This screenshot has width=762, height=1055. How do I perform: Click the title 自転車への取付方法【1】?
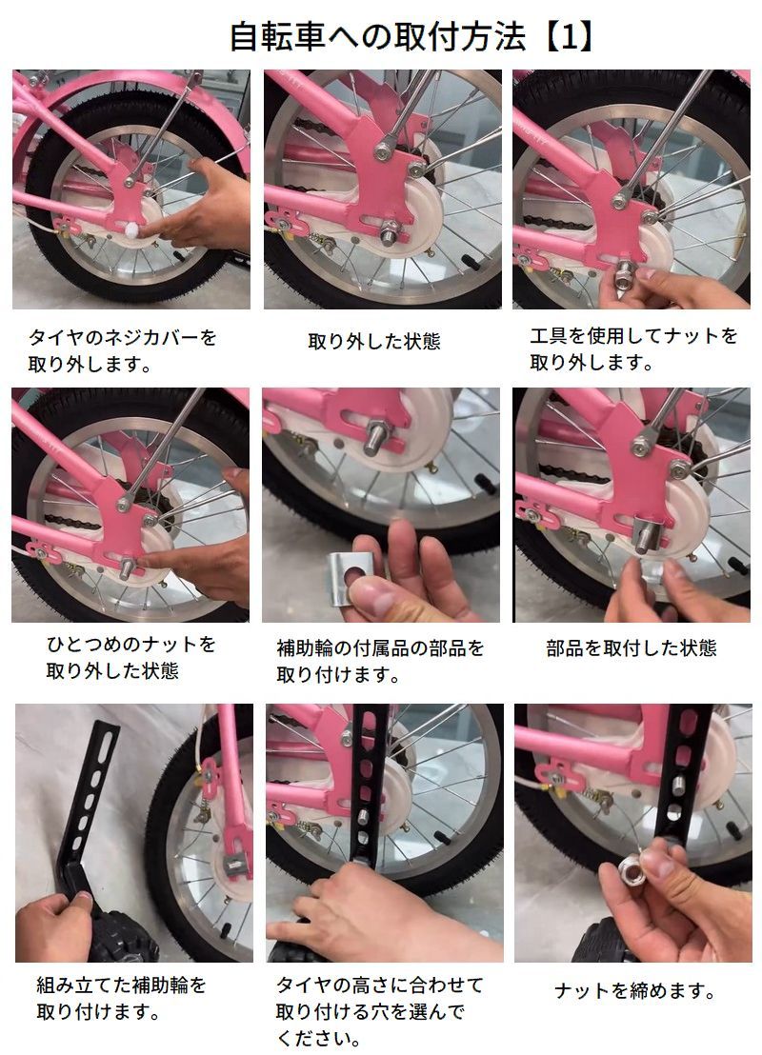[x=411, y=36]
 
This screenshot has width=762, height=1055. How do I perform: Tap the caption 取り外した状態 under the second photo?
[x=373, y=341]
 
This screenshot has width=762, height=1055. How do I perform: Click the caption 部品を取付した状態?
[x=631, y=647]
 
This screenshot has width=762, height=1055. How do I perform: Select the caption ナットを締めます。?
[x=634, y=990]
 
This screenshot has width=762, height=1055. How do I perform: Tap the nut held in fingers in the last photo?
[x=634, y=873]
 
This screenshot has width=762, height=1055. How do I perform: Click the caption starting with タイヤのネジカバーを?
[x=122, y=349]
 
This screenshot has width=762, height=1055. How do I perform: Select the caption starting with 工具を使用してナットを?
[x=633, y=348]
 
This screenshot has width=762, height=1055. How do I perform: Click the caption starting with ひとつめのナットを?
[x=130, y=657]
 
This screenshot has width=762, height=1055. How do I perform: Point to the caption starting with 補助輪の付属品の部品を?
[x=380, y=661]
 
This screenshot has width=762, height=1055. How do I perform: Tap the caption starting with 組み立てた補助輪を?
[x=121, y=998]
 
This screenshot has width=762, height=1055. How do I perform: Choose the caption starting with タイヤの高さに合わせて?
[x=380, y=1011]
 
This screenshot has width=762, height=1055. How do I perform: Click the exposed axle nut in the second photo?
[x=389, y=234]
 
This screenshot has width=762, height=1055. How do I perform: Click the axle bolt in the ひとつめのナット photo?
[x=126, y=567]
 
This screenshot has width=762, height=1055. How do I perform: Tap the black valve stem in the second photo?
[x=471, y=259]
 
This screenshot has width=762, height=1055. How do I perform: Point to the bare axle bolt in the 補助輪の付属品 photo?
[x=373, y=438]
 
